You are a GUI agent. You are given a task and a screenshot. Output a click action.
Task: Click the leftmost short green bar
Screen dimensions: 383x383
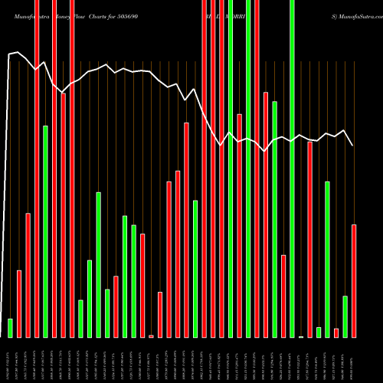[x=11, y=328]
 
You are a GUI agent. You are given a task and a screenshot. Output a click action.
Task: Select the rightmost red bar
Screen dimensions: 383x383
[x=354, y=280]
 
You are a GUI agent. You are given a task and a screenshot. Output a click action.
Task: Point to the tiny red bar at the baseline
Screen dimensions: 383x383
[x=151, y=336]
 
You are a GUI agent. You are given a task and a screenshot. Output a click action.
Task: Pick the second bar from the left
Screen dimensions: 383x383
[x=19, y=303]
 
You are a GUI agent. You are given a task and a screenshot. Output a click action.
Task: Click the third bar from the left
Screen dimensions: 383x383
[x=28, y=275]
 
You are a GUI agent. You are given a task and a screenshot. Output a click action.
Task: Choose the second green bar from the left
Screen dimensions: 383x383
[x=46, y=231]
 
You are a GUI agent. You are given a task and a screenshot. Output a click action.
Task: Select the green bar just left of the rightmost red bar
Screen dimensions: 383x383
[x=345, y=316]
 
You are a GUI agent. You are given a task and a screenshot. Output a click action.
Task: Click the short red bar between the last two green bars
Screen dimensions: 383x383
[x=336, y=332]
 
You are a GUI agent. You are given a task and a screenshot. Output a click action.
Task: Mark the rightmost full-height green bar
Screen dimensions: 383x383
[x=292, y=169]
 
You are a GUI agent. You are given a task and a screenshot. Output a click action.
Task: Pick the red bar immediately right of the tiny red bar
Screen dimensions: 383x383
[x=160, y=314]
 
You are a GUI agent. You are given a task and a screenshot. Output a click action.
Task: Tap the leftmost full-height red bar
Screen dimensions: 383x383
[x=37, y=169]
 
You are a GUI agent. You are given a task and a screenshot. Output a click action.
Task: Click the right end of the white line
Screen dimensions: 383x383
[x=352, y=145]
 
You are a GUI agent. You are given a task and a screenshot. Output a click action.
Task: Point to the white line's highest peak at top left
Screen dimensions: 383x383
[x=18, y=52]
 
